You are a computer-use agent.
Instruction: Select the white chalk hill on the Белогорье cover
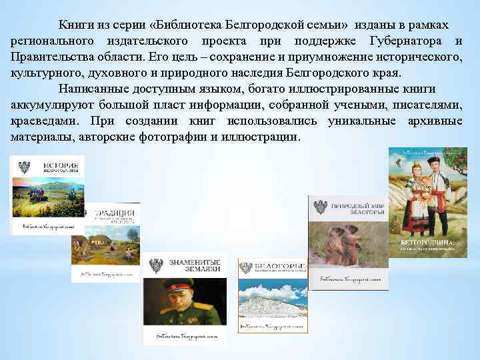click(x=273, y=303)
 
